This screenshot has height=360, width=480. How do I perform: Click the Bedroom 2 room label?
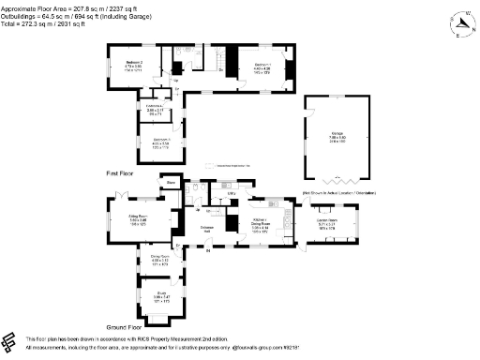coord(122,65)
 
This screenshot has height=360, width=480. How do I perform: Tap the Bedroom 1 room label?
coord(261,65)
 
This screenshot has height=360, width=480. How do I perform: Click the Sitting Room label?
coord(139,217)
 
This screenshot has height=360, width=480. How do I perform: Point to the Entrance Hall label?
coord(209,229)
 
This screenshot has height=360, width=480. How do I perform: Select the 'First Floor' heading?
coord(119,173)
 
